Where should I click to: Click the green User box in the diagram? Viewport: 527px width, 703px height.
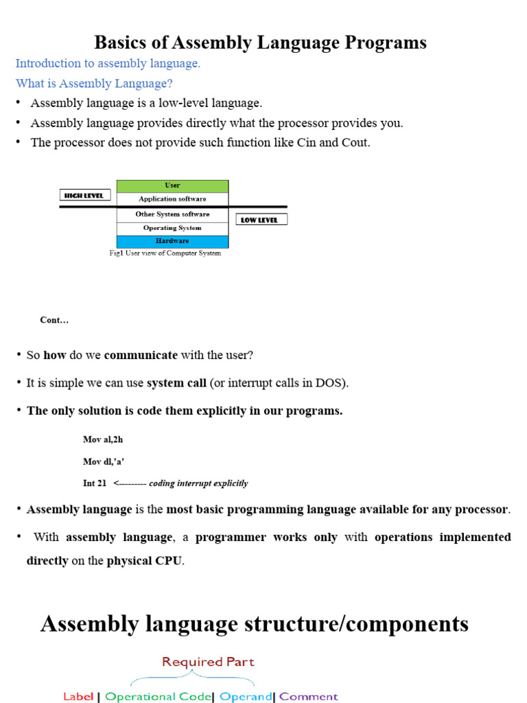pyautogui.click(x=172, y=186)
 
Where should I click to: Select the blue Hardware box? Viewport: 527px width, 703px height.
pyautogui.click(x=172, y=241)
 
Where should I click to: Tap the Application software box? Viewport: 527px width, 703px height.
pyautogui.click(x=172, y=199)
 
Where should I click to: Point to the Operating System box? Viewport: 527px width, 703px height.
pyautogui.click(x=172, y=228)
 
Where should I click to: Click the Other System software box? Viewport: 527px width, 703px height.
pyautogui.click(x=172, y=214)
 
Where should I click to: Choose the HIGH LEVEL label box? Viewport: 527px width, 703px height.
pyautogui.click(x=84, y=196)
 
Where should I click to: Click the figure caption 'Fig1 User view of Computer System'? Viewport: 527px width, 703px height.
pyautogui.click(x=165, y=253)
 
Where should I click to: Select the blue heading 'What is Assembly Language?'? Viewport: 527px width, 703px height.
pyautogui.click(x=94, y=83)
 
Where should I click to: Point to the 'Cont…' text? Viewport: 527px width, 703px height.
pyautogui.click(x=54, y=320)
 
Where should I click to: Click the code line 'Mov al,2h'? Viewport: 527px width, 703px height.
pyautogui.click(x=103, y=439)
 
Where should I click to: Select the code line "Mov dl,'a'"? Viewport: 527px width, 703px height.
pyautogui.click(x=104, y=461)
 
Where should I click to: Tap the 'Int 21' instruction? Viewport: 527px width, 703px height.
pyautogui.click(x=95, y=483)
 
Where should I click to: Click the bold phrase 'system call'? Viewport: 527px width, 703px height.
pyautogui.click(x=176, y=383)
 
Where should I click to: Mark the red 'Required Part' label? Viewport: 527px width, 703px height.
pyautogui.click(x=208, y=662)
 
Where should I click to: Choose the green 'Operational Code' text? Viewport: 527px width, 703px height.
pyautogui.click(x=159, y=696)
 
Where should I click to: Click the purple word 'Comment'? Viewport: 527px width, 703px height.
pyautogui.click(x=308, y=696)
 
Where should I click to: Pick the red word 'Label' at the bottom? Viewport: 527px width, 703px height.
pyautogui.click(x=78, y=696)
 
